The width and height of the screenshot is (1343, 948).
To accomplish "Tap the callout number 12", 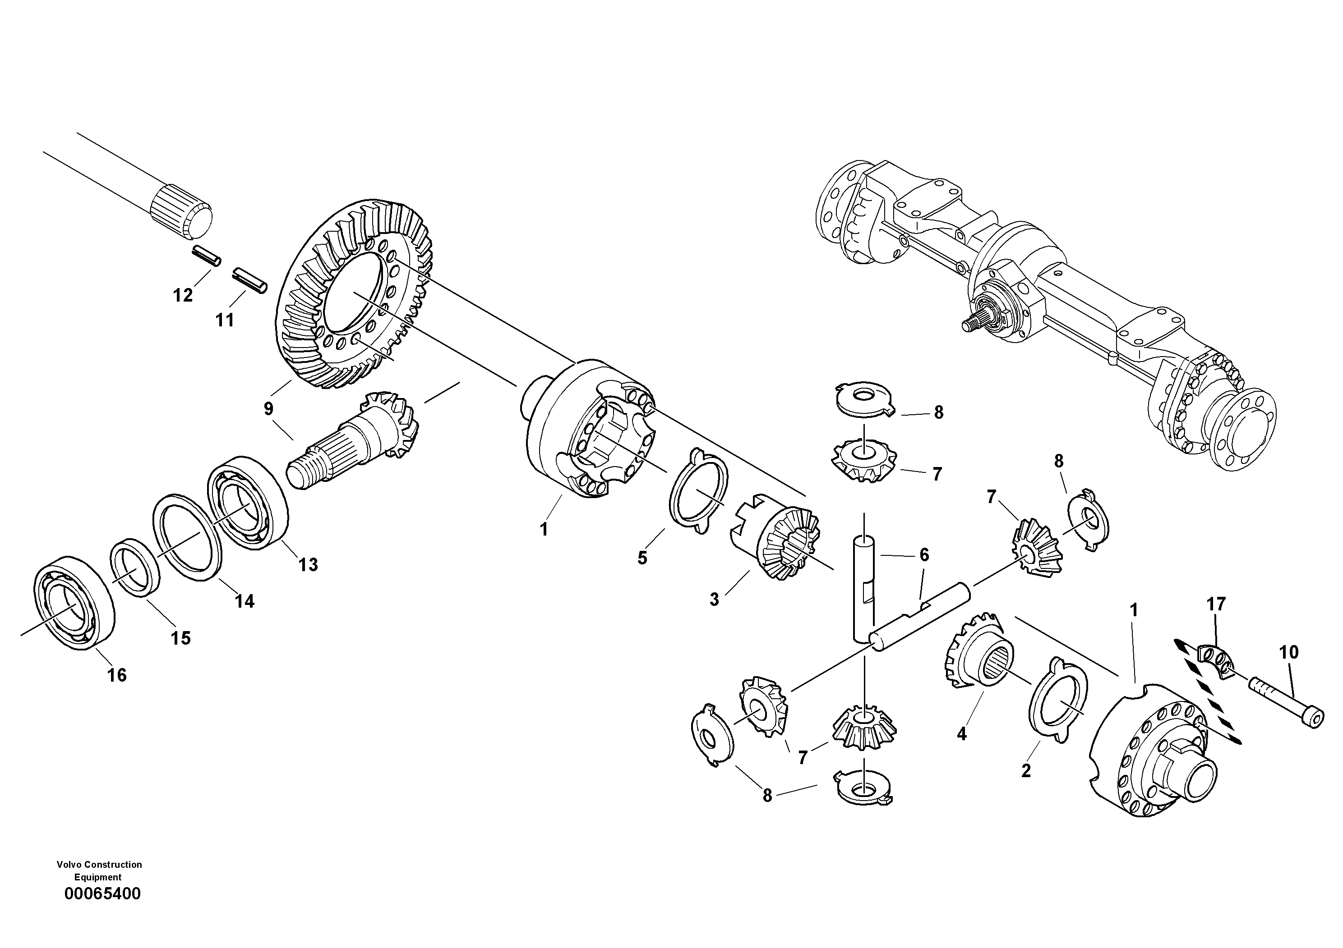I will coord(183,295).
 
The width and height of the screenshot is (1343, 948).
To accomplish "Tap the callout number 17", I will coord(1216,604).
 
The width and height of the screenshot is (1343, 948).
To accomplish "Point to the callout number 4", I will coord(962,733).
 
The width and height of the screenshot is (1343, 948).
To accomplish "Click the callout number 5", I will coord(642,558).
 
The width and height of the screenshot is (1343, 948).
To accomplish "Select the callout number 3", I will coord(714,599).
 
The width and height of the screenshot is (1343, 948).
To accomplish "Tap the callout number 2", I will coord(1026,770).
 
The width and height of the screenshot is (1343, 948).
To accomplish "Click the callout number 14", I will coord(245,601).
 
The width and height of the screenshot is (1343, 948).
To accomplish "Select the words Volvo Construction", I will coord(99,865).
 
